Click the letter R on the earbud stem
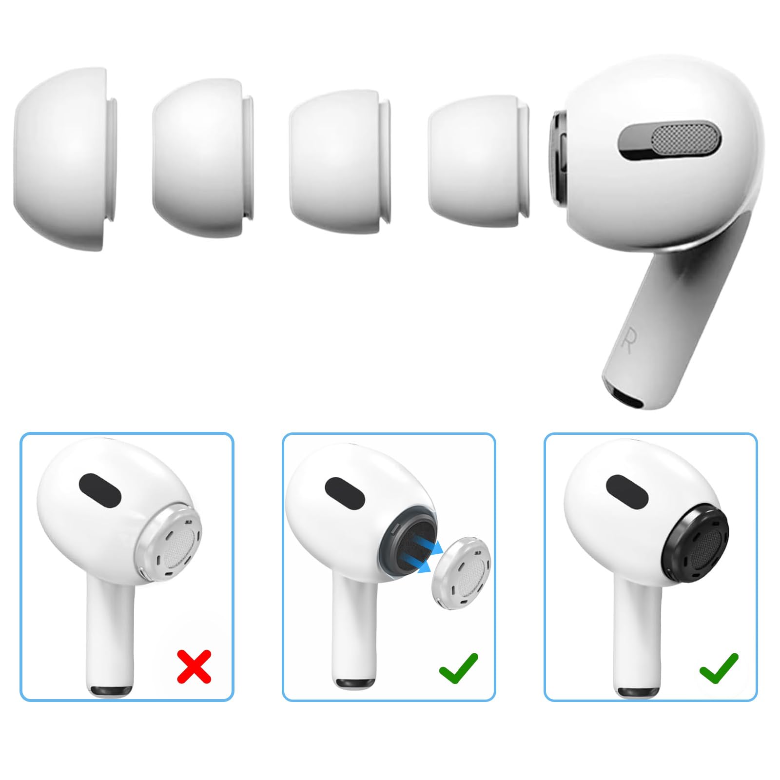(x=627, y=343)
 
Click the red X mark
(x=194, y=666)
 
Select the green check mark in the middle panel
(x=459, y=667)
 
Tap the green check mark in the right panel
(x=719, y=667)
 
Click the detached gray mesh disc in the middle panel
(x=462, y=569)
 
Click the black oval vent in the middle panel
(x=345, y=492)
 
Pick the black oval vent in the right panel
(x=627, y=489)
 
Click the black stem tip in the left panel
(x=111, y=691)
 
